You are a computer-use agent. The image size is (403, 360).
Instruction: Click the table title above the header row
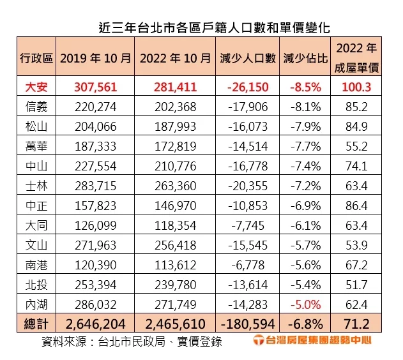205,27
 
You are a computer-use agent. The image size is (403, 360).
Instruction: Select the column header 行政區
36,58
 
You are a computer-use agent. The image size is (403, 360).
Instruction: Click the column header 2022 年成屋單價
356,57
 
